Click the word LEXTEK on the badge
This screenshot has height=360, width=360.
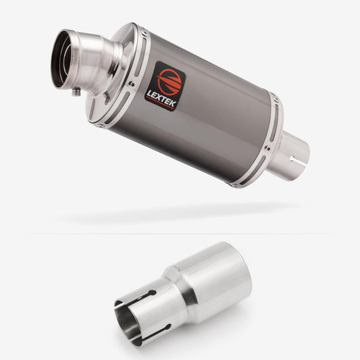click(x=161, y=99)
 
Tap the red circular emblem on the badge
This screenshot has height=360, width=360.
click(x=170, y=82)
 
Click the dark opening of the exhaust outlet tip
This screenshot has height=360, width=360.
click(x=60, y=59)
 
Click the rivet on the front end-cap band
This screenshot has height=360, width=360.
click(x=132, y=84)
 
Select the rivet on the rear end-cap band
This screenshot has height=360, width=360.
click(x=267, y=149)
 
